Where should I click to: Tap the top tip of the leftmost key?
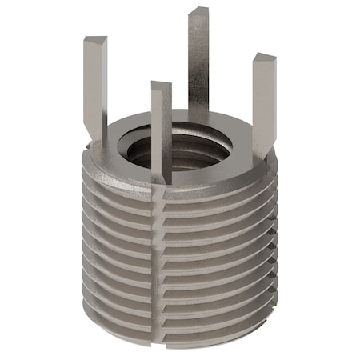tap(94, 40)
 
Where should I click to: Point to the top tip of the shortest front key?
tap(160, 86)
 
